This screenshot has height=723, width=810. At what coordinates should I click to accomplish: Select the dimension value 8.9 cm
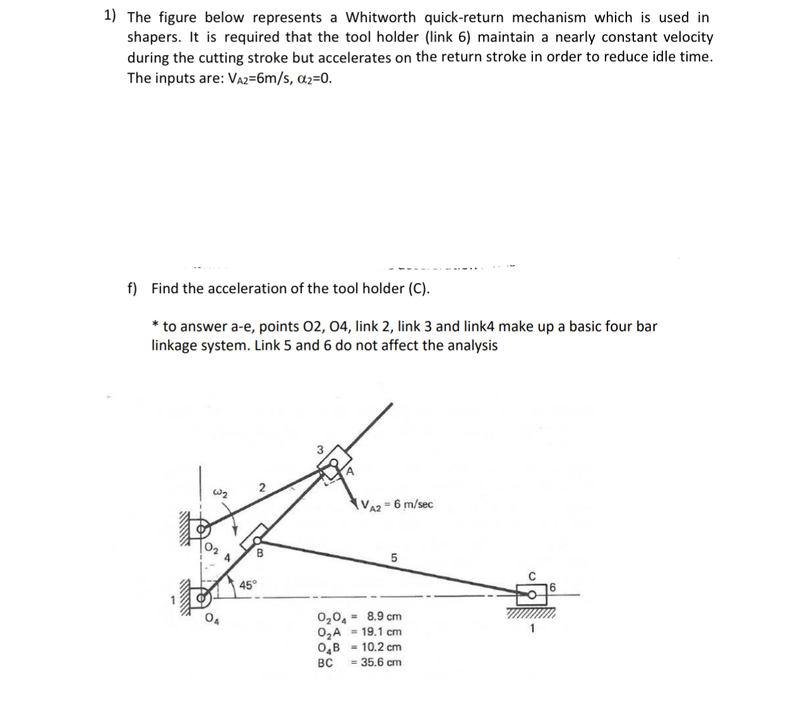tap(384, 616)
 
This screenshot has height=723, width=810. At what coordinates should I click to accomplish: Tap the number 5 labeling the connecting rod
tap(394, 558)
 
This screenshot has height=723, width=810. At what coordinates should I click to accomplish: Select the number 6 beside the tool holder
tap(553, 587)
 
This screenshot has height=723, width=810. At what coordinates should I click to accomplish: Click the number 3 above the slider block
tap(319, 449)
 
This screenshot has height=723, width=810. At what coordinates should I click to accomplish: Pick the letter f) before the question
tap(132, 289)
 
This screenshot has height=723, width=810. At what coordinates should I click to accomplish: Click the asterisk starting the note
tap(155, 325)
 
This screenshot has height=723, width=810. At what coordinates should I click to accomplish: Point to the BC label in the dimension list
tap(326, 662)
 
